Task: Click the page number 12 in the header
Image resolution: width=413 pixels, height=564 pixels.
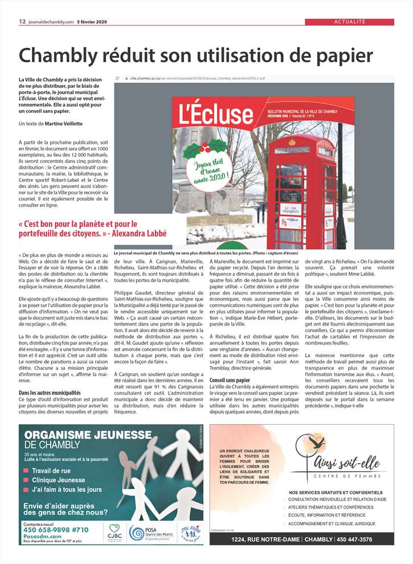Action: (22, 22)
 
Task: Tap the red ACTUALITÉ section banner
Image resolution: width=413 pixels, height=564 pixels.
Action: (349, 22)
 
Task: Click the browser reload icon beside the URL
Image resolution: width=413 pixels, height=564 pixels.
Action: (117, 78)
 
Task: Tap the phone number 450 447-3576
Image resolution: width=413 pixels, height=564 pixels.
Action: (362, 539)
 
